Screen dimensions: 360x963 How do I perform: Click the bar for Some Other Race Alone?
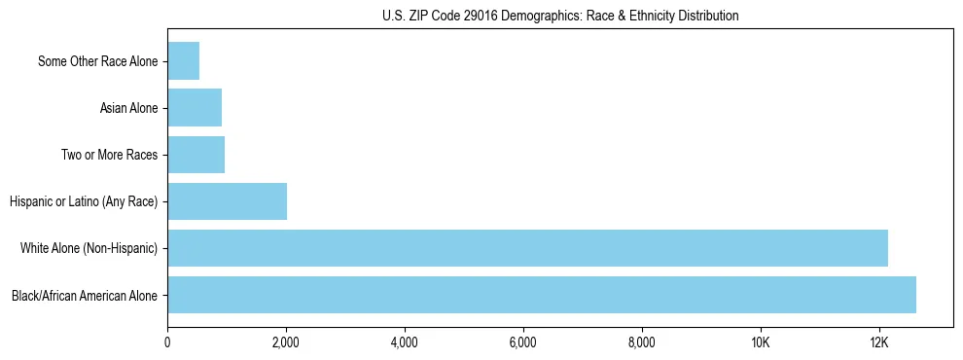183,61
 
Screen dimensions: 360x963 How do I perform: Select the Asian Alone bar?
195,108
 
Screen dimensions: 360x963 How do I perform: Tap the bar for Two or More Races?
196,155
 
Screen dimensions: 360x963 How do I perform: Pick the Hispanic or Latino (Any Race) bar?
227,201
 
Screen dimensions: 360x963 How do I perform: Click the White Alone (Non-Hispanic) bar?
527,248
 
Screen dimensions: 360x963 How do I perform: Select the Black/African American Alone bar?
541,295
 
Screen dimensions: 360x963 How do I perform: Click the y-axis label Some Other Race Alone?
97,61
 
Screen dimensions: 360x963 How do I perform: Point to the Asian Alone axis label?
128,108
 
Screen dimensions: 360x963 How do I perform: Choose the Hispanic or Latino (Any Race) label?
84,201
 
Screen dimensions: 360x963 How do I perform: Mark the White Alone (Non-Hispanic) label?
89,248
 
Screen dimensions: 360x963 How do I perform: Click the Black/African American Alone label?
85,295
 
